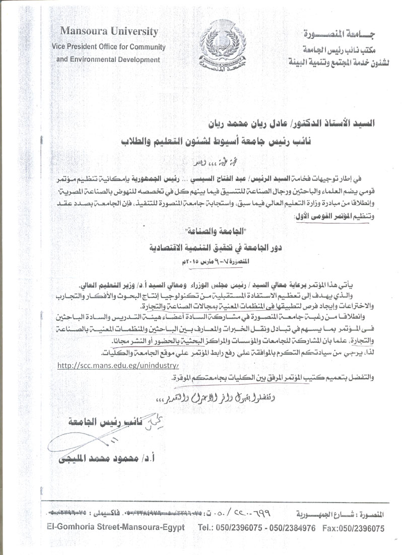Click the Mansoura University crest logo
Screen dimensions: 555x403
click(219, 48)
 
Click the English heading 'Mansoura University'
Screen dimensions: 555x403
click(109, 31)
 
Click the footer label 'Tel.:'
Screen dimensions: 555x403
click(207, 528)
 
